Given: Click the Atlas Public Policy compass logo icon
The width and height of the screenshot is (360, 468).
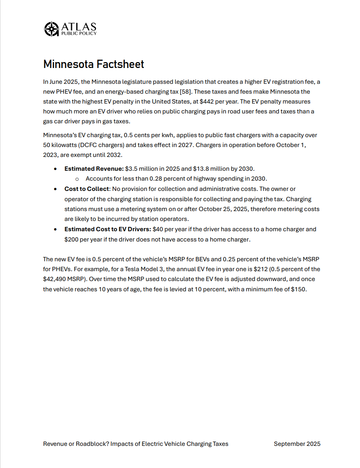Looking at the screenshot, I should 51,29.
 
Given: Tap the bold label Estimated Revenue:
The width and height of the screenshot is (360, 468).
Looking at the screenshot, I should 94,169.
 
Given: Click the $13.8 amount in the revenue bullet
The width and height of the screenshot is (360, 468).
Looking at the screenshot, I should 201,169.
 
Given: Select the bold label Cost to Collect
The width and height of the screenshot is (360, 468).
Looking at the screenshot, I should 86,189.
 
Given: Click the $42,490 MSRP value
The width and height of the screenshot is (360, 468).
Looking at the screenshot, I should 57,279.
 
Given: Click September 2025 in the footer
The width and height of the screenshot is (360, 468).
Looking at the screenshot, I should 297,444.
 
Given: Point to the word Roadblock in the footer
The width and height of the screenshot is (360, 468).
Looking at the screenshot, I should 93,444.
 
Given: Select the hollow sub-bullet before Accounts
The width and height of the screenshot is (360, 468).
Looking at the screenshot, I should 77,179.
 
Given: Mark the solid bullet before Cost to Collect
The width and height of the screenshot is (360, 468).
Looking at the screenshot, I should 56,189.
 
